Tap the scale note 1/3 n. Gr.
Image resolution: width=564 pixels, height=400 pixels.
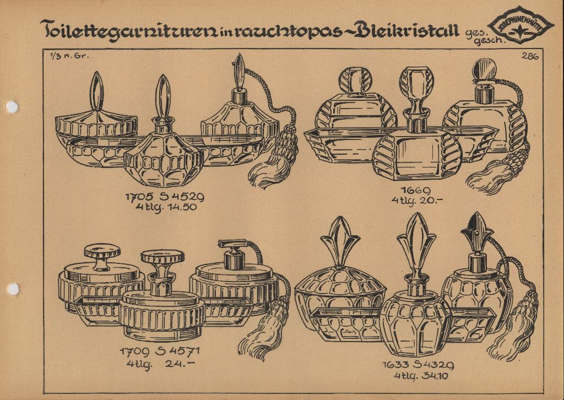[61, 55]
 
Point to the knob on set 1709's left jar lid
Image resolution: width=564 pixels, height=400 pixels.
[102, 256]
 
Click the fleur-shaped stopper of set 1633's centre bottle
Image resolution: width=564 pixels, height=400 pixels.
[417, 237]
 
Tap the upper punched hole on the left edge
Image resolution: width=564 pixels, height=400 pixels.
[11, 107]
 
